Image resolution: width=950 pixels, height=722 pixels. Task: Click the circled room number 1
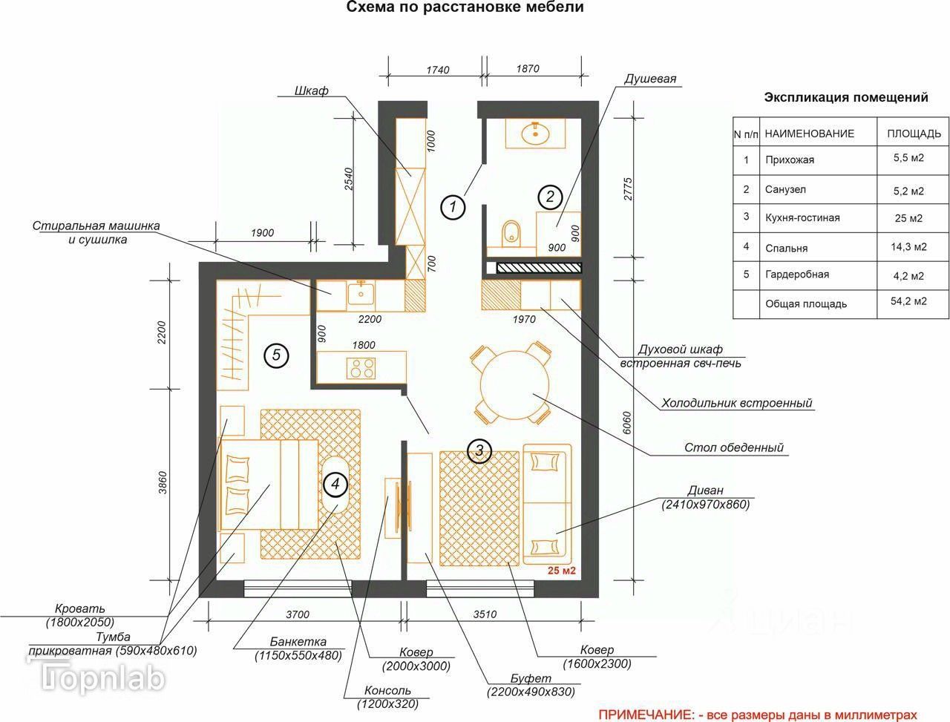point(453,206)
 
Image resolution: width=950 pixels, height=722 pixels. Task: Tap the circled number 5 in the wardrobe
point(276,355)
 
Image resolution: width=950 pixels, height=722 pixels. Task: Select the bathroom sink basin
point(536,134)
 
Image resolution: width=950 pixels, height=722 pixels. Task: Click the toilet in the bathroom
point(511,234)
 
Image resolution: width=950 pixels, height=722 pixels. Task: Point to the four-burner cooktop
point(361,368)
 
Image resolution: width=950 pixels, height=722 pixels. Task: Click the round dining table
point(514,384)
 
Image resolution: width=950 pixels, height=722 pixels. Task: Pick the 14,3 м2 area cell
point(908,247)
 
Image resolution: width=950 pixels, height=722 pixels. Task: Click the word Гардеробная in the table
point(797,275)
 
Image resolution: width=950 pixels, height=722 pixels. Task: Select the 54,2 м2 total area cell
point(908,301)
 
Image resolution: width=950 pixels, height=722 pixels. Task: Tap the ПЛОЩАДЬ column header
point(914,134)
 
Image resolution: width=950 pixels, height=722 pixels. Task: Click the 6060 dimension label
point(627,423)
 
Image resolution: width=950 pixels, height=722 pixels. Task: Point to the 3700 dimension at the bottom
point(298,614)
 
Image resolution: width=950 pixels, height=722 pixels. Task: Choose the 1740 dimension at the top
point(438,70)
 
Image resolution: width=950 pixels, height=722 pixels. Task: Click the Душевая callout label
point(649,79)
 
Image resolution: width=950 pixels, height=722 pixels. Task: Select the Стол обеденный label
point(734,447)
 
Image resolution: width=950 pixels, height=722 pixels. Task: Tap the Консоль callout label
point(387,690)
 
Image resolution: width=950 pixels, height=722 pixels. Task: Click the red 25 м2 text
point(561,571)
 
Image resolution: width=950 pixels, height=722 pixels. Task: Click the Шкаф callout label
point(311,91)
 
